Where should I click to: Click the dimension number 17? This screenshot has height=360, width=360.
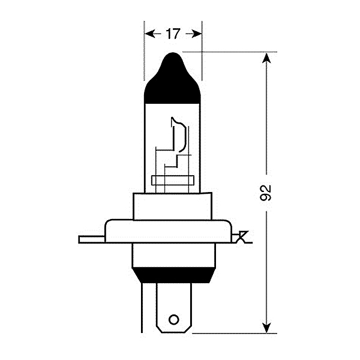pos(173,34)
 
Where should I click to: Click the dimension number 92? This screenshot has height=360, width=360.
pos(267,192)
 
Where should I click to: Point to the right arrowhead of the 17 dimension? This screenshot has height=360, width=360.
pos(196,34)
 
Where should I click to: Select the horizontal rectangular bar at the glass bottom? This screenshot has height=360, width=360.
pos(173,180)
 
